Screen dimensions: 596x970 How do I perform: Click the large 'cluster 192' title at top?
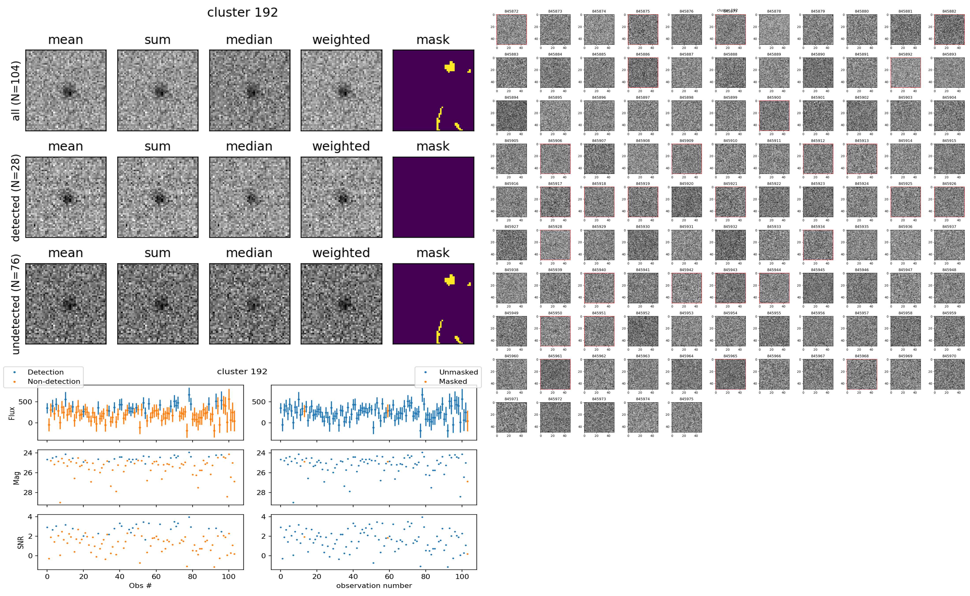pyautogui.click(x=242, y=13)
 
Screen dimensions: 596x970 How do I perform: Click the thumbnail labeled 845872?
pyautogui.click(x=511, y=30)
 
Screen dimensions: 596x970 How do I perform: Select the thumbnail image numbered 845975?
pyautogui.click(x=686, y=417)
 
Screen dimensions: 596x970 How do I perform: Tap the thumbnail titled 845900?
pyautogui.click(x=774, y=115)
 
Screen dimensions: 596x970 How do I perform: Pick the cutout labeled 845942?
pyautogui.click(x=686, y=288)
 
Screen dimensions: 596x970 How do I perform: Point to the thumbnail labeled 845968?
pyautogui.click(x=861, y=374)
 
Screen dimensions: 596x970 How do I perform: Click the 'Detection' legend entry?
pyautogui.click(x=45, y=372)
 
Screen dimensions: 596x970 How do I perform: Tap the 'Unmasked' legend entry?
pyautogui.click(x=458, y=372)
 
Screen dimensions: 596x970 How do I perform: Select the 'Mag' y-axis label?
pyautogui.click(x=17, y=478)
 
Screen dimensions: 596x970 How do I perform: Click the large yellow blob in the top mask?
pyautogui.click(x=450, y=67)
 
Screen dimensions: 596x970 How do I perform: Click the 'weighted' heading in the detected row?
pyautogui.click(x=341, y=146)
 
